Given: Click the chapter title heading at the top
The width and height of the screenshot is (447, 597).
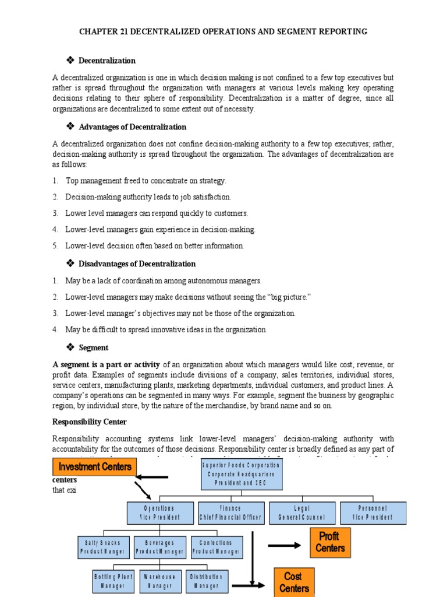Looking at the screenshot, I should coord(223,31).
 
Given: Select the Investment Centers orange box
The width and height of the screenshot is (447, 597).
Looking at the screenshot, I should coord(95,467).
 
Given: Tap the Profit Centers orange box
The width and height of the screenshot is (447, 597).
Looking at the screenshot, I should coord(330,542).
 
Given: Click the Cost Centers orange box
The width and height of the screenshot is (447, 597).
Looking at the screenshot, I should coord(294,582).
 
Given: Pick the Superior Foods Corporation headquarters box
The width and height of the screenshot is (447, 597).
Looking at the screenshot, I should coord(240,474).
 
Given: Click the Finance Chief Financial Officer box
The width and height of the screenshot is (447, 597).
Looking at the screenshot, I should coord(231,512).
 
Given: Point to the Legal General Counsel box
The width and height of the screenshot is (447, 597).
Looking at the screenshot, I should coord(302,512).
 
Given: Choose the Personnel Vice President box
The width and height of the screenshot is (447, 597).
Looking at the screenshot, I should coord(373,512).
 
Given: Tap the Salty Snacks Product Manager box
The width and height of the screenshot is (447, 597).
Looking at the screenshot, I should coord(102,547).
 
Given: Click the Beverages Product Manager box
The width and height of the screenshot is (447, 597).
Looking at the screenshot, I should coord(160,547).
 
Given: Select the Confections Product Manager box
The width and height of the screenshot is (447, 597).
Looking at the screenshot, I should coord(216,547).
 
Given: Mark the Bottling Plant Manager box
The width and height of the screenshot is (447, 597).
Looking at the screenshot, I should coord(115,581).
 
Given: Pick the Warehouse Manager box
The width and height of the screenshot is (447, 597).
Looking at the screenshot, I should coord(159,581).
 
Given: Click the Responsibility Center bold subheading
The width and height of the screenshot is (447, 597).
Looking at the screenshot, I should coord(90,422).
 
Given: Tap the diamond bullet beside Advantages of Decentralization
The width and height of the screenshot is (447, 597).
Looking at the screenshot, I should coord(72,127).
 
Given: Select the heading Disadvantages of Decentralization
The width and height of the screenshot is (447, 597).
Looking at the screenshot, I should coord(137,264).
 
